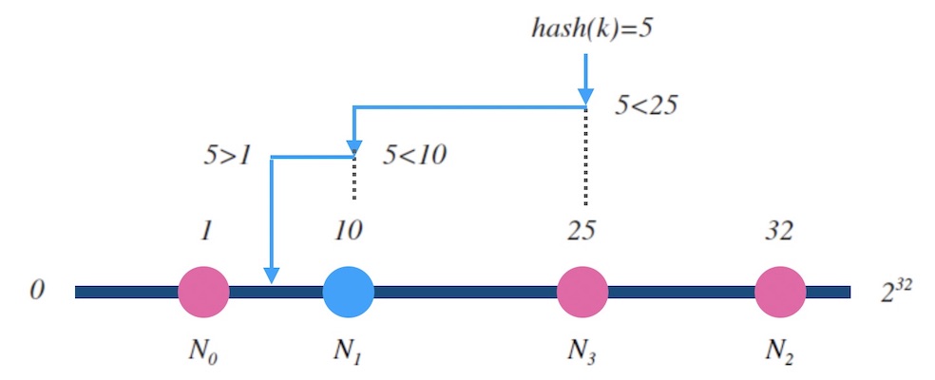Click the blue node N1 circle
(x=348, y=292)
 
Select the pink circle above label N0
(x=203, y=292)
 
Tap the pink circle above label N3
(x=582, y=292)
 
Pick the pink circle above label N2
(x=781, y=292)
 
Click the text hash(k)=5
(x=591, y=26)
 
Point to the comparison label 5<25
(x=645, y=106)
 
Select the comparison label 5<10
(x=414, y=155)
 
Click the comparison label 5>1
(x=226, y=155)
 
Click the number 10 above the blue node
(x=348, y=232)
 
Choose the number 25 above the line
(x=582, y=232)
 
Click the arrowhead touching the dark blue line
(x=272, y=275)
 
